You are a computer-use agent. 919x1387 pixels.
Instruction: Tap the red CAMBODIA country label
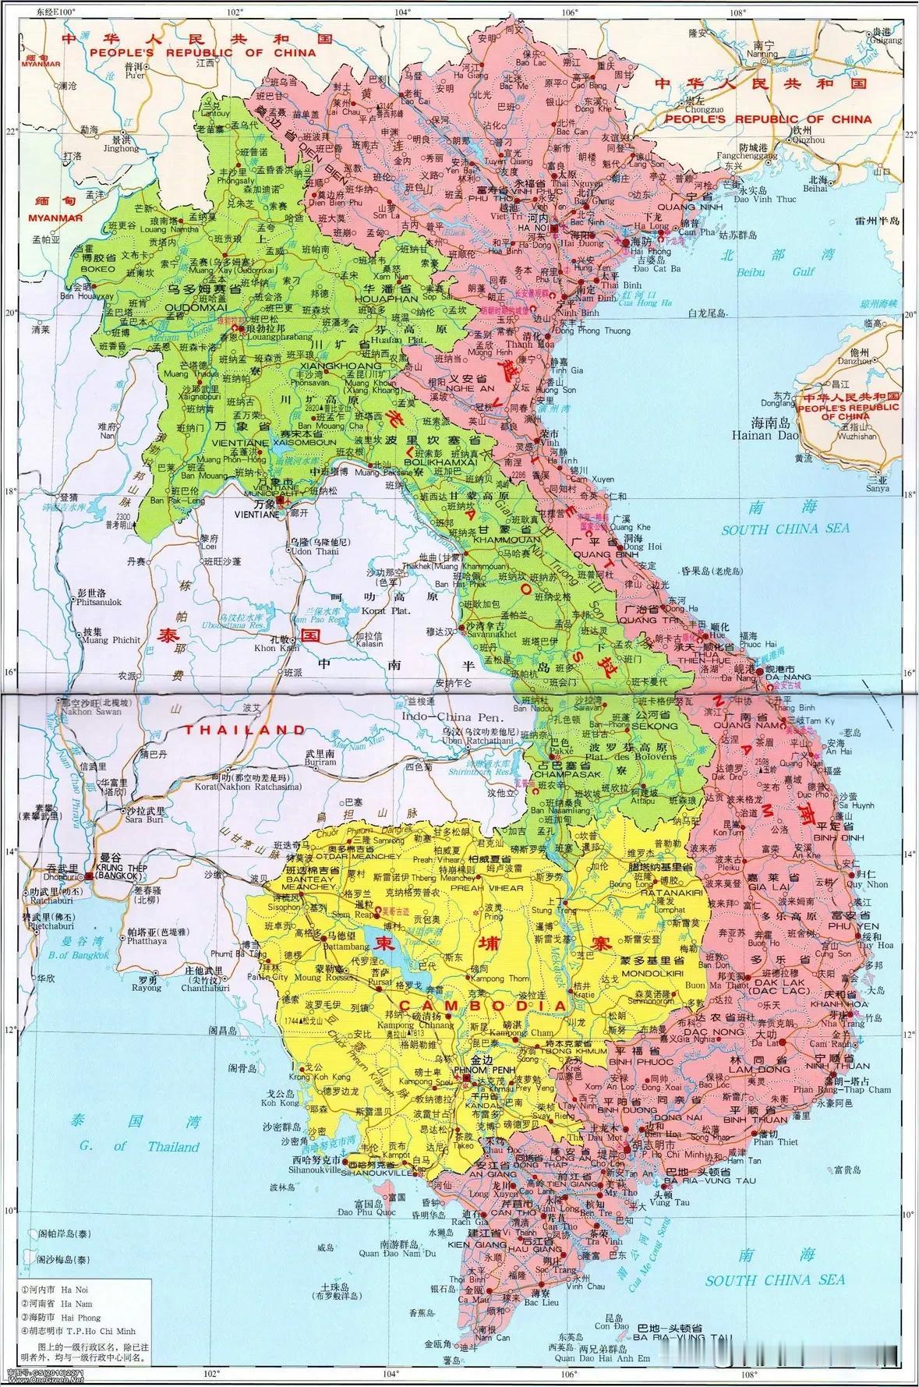pos(483,1006)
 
